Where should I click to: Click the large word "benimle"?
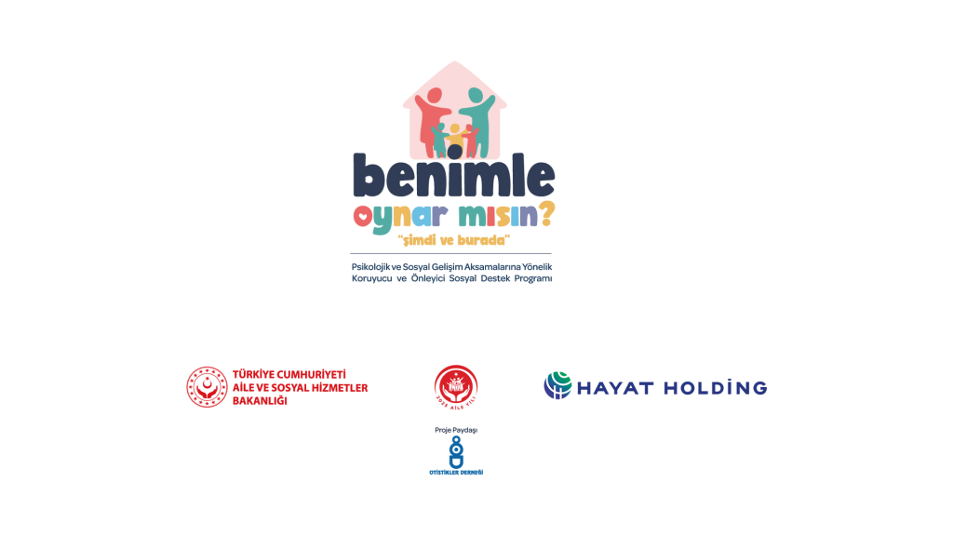[x=453, y=175]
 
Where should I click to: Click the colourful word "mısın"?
[x=490, y=217]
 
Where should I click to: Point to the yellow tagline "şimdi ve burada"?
[x=454, y=240]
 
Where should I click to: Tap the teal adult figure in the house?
[x=478, y=116]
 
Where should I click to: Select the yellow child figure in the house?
[x=454, y=136]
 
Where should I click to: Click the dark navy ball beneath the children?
[x=454, y=152]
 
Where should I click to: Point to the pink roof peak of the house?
[x=455, y=68]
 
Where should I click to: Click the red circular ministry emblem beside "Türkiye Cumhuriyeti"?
[x=207, y=387]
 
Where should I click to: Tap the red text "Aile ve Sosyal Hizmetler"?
[x=300, y=387]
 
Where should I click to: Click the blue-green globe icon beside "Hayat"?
[x=557, y=386]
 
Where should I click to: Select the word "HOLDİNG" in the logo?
[x=714, y=387]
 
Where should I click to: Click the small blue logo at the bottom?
[x=455, y=452]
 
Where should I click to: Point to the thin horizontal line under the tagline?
[x=451, y=254]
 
